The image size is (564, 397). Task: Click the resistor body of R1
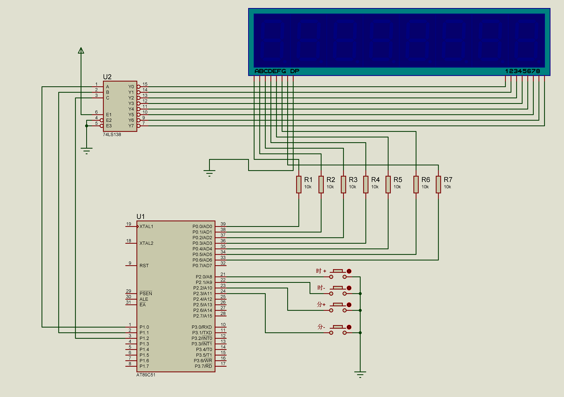[299, 184]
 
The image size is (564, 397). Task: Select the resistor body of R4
[366, 184]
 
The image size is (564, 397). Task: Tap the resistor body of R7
[438, 184]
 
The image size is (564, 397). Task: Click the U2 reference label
[107, 77]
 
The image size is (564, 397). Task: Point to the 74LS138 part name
[112, 135]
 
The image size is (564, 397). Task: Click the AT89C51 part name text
[146, 375]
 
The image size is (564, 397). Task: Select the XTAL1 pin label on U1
[146, 227]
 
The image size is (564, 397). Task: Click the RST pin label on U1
[144, 265]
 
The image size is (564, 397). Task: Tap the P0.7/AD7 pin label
[202, 265]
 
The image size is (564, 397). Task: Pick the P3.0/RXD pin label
[202, 327]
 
